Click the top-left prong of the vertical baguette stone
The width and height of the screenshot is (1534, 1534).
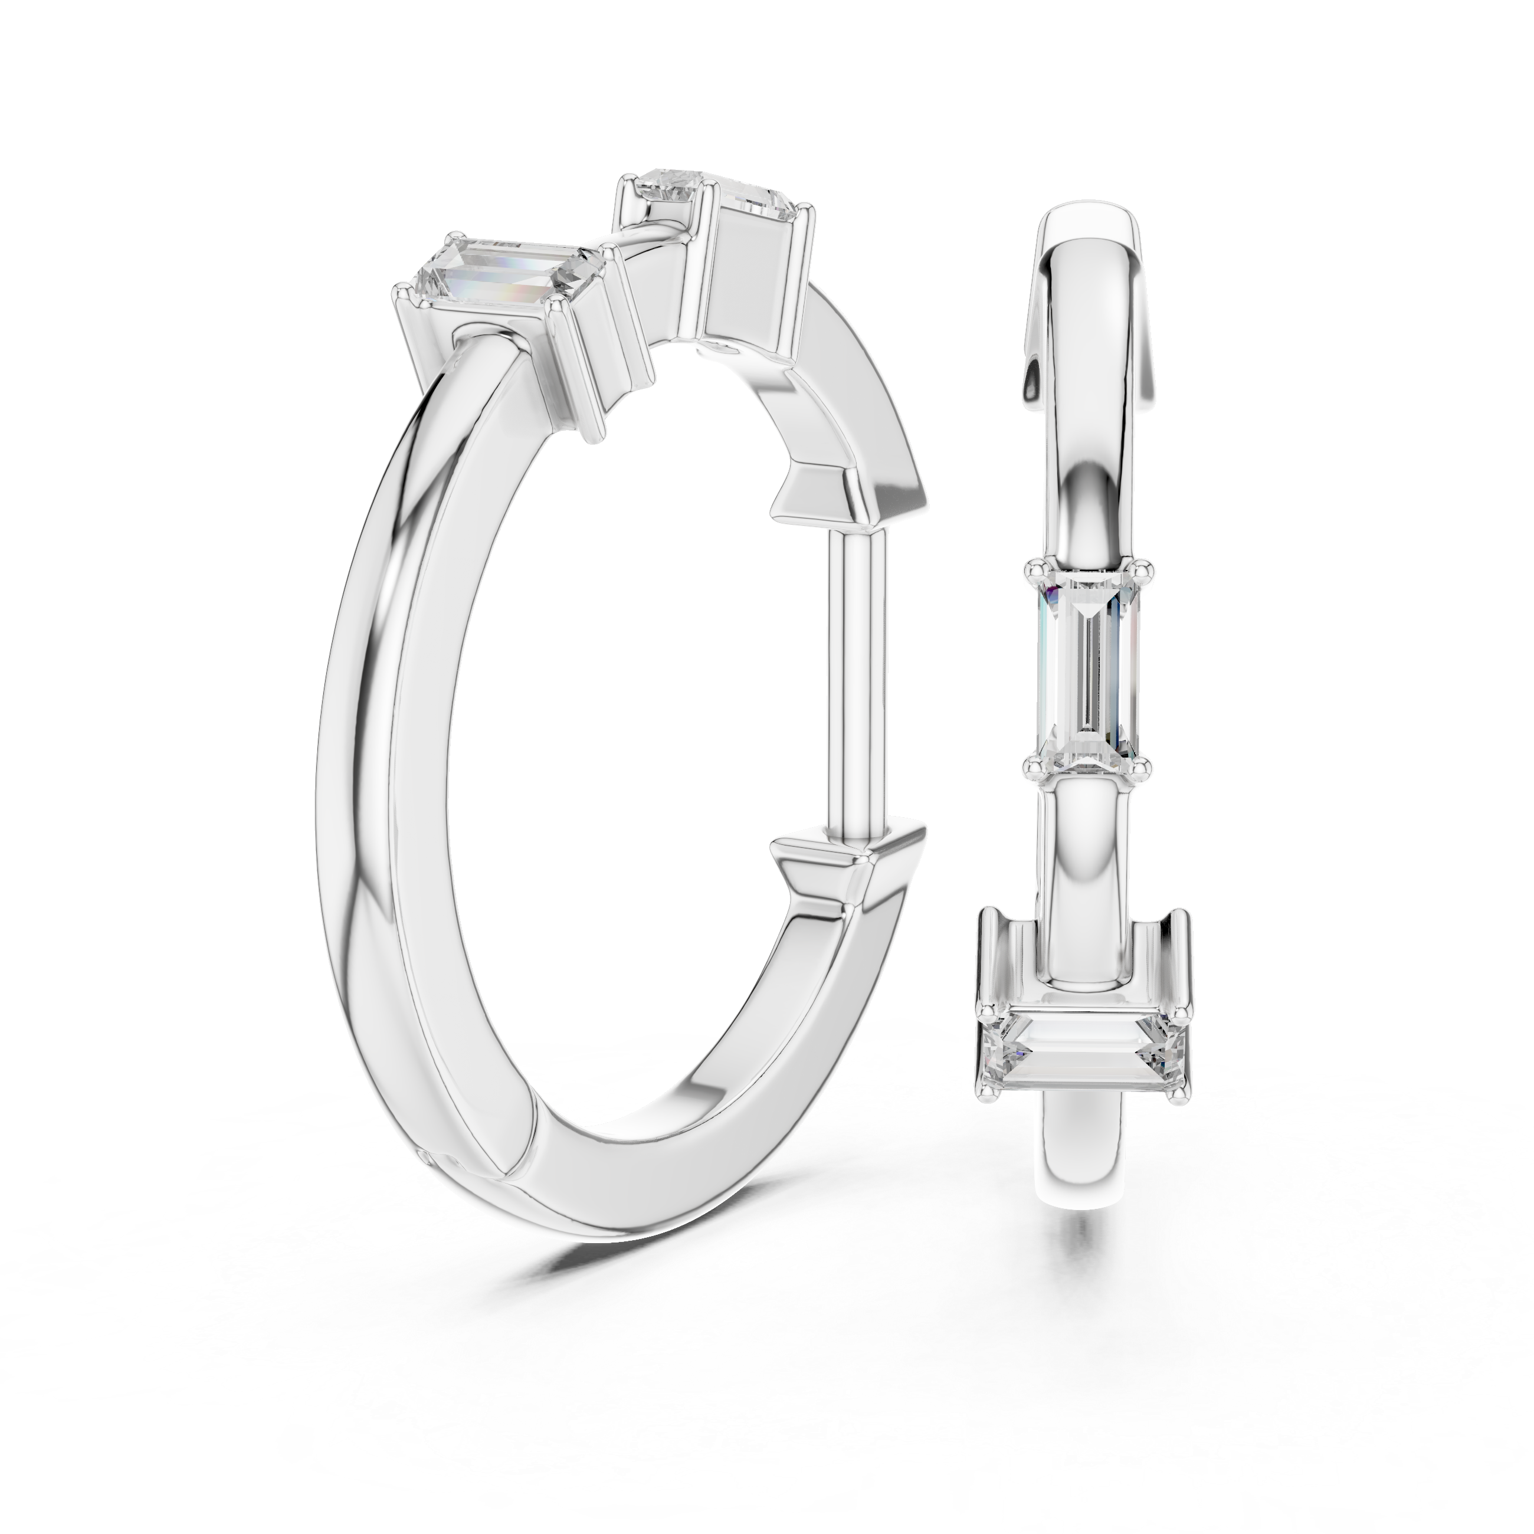point(1034,569)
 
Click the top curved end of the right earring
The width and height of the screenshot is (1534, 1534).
point(1088,238)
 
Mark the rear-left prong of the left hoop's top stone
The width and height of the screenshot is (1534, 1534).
point(627,208)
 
